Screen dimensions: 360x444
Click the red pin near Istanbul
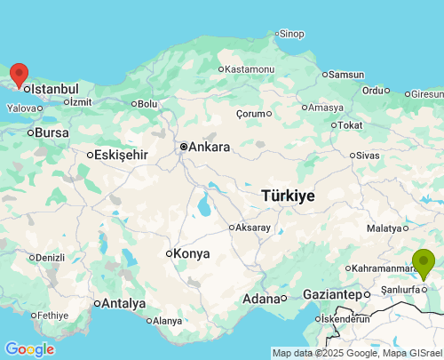[x=18, y=75]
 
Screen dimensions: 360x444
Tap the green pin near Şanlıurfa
[x=424, y=263]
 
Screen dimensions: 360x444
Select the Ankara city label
[x=210, y=147]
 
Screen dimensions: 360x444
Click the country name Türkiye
[x=289, y=196]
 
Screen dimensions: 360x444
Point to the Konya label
[x=192, y=253]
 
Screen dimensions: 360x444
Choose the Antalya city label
[x=123, y=303]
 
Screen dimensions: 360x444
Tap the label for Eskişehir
[x=121, y=154]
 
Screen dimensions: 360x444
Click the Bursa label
[x=52, y=132]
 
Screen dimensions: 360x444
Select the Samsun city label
[x=346, y=75]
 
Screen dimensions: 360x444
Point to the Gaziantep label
[x=331, y=293]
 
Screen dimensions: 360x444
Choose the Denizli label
[x=49, y=258]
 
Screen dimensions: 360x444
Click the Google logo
[x=29, y=349]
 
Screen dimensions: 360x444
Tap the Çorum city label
[x=251, y=114]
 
